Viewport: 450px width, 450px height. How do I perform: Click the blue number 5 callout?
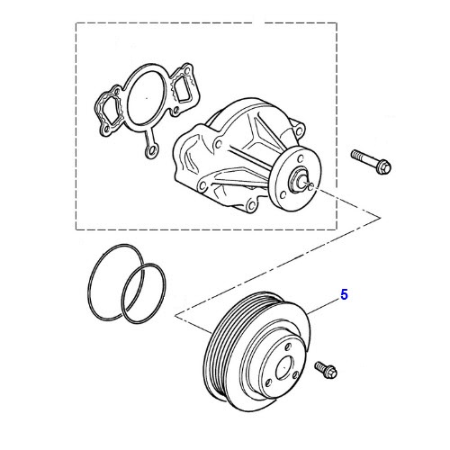click(x=343, y=294)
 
